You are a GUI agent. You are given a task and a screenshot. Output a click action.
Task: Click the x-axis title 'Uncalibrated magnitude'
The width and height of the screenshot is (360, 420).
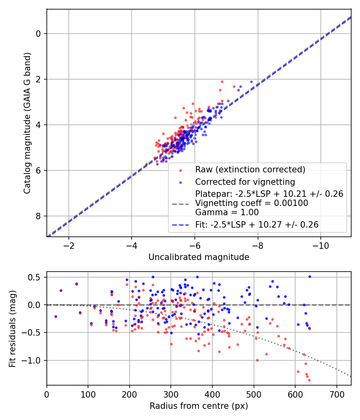199,257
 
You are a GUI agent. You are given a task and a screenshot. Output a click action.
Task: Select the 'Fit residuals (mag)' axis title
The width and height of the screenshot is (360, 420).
12,329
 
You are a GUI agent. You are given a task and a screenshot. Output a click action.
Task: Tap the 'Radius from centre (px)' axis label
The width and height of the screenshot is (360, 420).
199,406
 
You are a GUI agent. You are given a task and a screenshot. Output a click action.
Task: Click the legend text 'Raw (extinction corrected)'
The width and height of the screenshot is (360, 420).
250,169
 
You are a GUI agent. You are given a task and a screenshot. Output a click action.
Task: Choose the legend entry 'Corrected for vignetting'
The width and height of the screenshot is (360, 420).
245,182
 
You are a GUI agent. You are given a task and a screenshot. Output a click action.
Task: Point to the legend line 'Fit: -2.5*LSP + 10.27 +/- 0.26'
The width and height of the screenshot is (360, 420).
257,225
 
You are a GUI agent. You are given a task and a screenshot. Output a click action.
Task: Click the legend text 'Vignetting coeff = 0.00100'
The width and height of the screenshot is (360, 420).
252,203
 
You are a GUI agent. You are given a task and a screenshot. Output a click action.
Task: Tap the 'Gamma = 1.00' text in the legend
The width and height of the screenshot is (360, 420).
227,212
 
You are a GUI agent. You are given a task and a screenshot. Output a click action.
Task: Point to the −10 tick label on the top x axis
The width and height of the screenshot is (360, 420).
320,244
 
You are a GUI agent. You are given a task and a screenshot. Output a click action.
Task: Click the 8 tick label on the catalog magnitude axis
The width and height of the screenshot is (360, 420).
38,216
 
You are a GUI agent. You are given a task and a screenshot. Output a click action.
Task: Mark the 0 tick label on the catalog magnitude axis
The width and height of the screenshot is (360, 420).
38,34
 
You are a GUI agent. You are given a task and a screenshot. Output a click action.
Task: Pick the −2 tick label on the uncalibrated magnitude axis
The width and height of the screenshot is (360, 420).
69,244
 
